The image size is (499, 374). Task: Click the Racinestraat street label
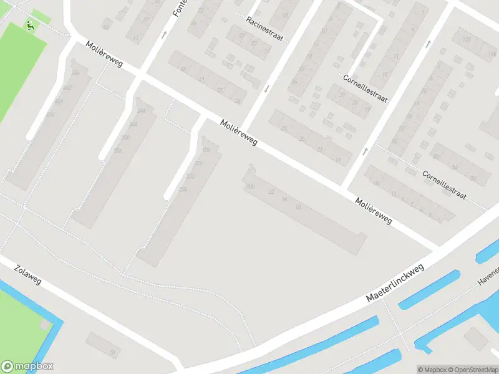264,29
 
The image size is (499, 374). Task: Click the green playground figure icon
29,24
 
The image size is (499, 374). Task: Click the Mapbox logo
27,367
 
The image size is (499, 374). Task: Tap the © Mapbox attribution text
431,369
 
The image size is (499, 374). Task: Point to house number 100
251,186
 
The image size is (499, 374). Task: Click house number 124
206,150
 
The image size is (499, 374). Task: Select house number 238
183,189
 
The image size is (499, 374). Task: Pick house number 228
198,163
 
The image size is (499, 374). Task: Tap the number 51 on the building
113,352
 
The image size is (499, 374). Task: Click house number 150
125,138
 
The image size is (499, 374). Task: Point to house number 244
141,110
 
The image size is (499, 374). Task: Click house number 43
105,27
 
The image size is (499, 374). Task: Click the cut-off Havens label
488,275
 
